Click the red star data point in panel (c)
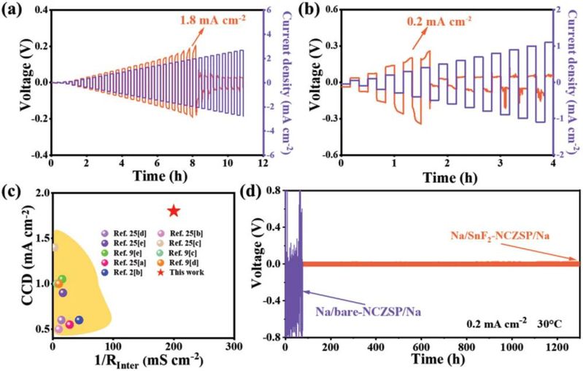point(174,211)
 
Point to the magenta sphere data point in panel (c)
point(70,324)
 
